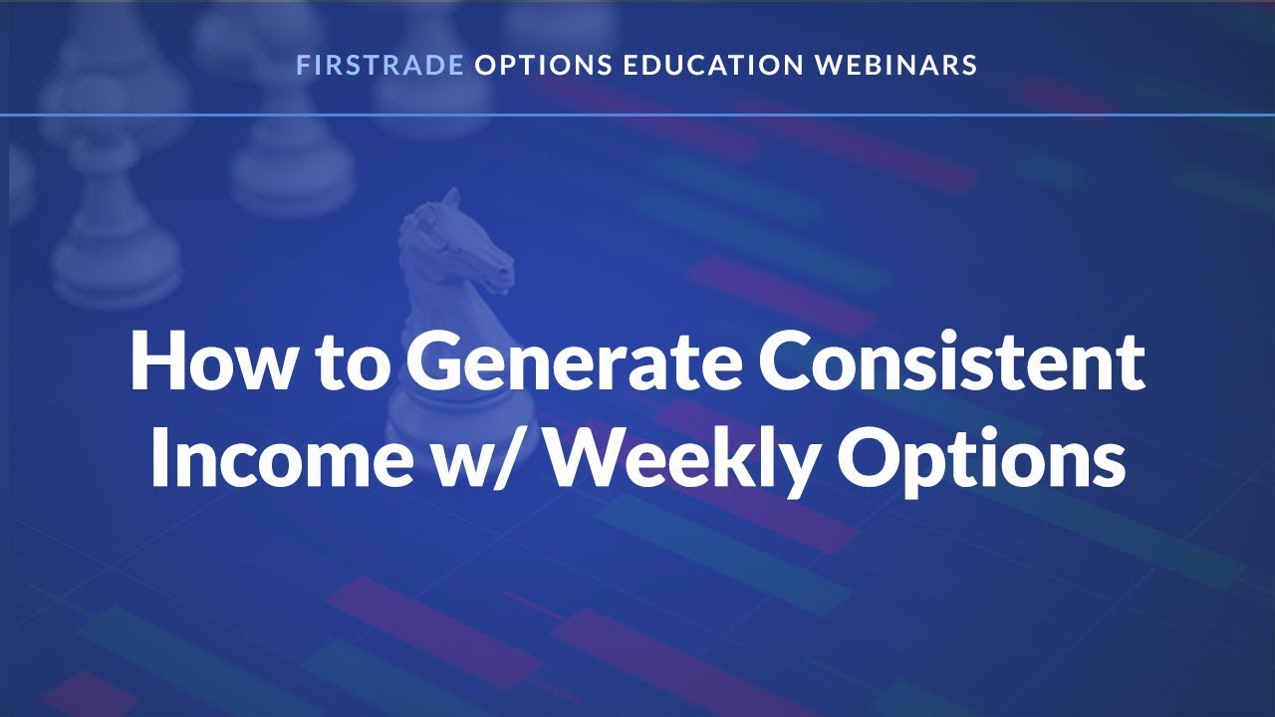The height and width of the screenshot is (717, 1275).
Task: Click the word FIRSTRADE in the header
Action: (x=380, y=66)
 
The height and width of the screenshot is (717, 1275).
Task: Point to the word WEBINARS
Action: (x=896, y=66)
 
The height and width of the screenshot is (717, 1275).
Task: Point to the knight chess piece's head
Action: (x=453, y=249)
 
